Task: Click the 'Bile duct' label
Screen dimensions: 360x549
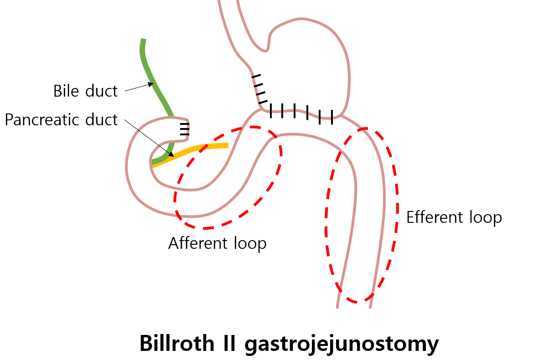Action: (x=85, y=91)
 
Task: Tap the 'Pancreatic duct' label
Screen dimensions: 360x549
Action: (x=61, y=120)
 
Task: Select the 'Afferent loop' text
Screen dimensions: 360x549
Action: (x=217, y=243)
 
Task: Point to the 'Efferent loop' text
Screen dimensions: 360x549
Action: (x=454, y=217)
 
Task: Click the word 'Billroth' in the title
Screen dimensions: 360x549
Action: (x=181, y=343)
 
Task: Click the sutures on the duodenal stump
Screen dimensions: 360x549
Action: (x=184, y=129)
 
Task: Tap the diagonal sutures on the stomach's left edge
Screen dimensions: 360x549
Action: (x=259, y=89)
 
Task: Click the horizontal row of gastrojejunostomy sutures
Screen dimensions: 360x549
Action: (x=301, y=112)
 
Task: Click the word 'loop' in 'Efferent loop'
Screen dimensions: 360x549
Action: (x=485, y=217)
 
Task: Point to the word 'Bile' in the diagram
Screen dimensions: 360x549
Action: (x=67, y=91)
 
